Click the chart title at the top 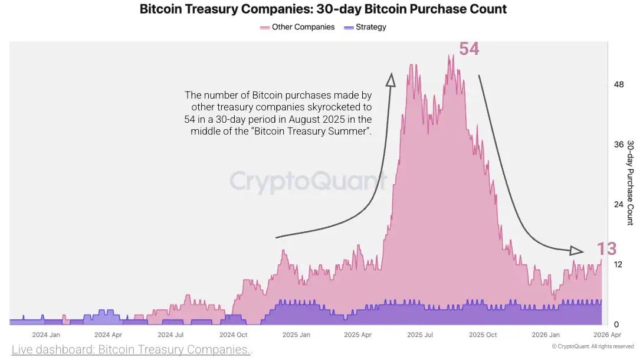pos(323,9)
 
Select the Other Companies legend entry pos(297,27)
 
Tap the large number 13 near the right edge pos(606,249)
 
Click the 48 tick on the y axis pos(619,84)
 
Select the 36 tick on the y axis pos(619,145)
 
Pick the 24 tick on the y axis pos(619,204)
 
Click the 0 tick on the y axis pos(616,324)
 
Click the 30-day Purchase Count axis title pos(630,182)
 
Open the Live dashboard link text pos(132,350)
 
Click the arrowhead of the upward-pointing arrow pos(390,80)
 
